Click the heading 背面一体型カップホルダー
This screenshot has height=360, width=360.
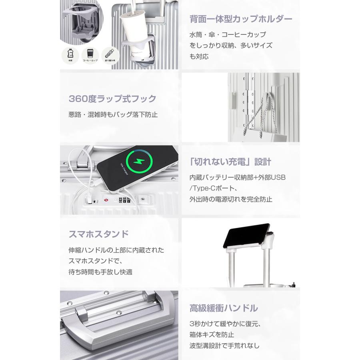click(241, 18)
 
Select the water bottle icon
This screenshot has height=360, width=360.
click(70, 54)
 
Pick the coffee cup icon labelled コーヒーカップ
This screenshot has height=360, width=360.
click(90, 54)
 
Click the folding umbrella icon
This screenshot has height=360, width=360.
click(109, 54)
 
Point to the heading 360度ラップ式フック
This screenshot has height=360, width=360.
click(112, 98)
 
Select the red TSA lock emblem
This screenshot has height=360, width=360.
click(106, 200)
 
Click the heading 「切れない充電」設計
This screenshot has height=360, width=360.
click(230, 162)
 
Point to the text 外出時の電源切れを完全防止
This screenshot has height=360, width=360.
click(231, 199)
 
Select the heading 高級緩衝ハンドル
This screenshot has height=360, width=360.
click(224, 308)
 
